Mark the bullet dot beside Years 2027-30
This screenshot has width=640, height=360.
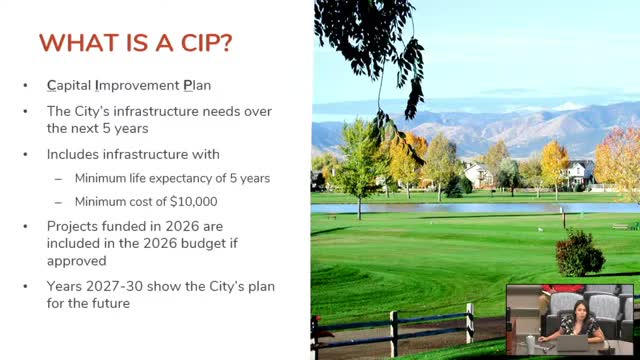pos(26,287)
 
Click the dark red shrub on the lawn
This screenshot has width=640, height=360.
pos(579,254)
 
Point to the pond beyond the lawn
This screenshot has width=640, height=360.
pos(450,209)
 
